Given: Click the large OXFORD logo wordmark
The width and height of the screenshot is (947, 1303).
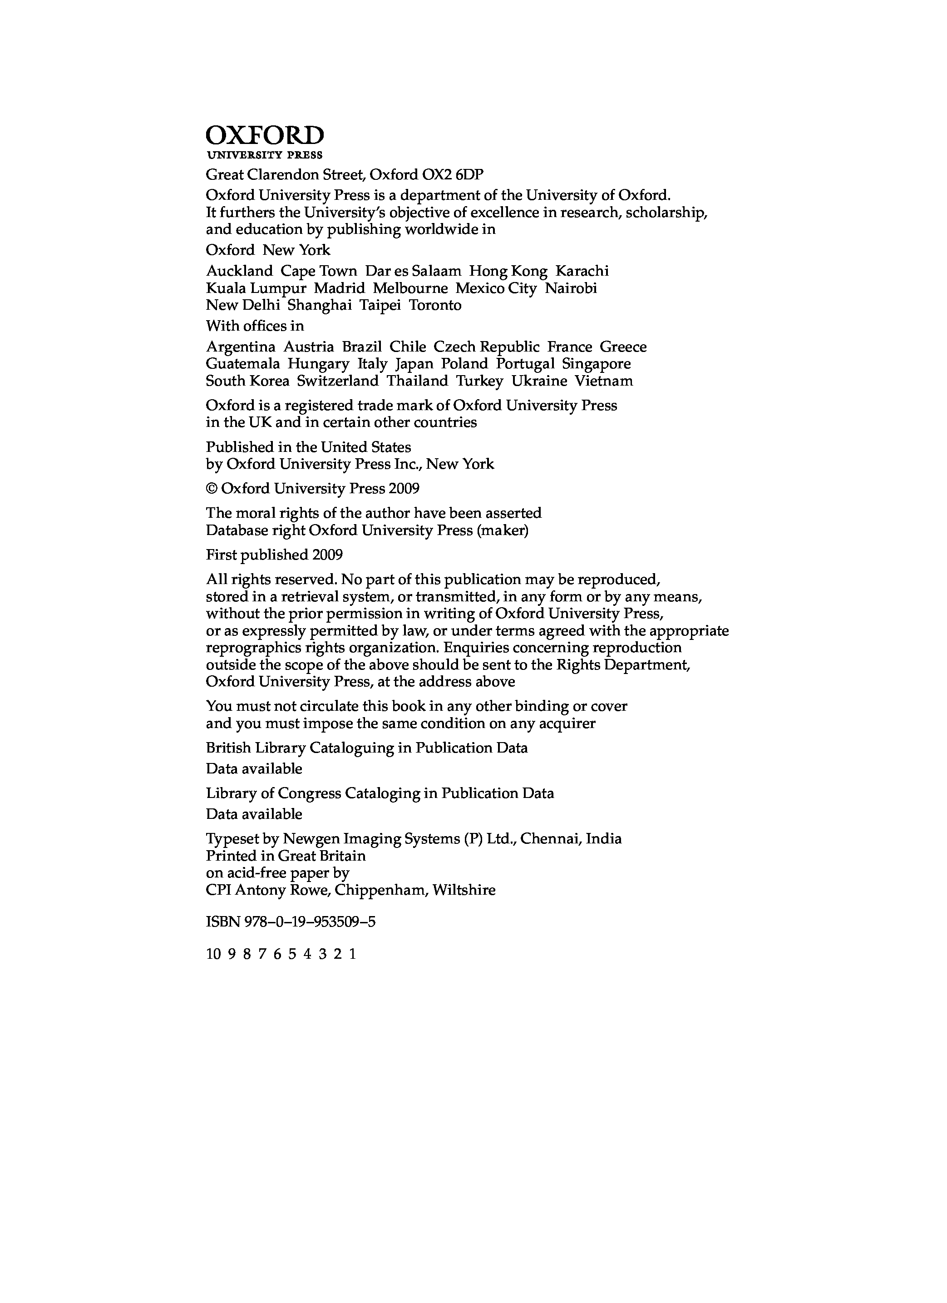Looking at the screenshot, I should pyautogui.click(x=265, y=136).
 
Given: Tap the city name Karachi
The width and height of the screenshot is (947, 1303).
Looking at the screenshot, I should pyautogui.click(x=582, y=271).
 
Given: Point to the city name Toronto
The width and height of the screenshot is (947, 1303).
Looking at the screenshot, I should pyautogui.click(x=435, y=305).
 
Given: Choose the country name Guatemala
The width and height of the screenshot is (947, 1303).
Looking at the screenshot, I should pyautogui.click(x=243, y=364).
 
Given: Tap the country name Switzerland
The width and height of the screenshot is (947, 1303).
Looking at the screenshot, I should pyautogui.click(x=338, y=381).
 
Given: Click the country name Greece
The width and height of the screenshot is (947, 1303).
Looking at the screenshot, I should pyautogui.click(x=623, y=347).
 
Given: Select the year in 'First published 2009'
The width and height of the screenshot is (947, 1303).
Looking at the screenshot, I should pyautogui.click(x=327, y=555).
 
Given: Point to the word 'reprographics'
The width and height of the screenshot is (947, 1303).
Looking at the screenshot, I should pyautogui.click(x=247, y=648).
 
